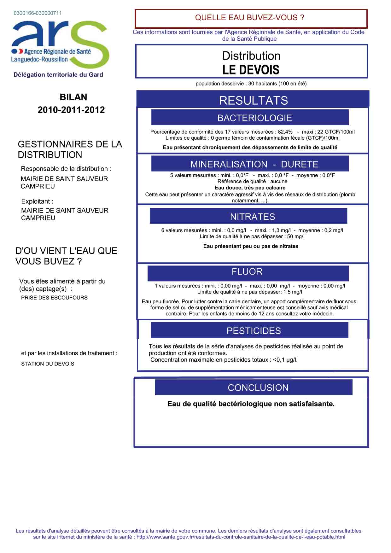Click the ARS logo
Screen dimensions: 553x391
point(60,44)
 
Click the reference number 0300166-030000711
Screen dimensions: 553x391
point(38,13)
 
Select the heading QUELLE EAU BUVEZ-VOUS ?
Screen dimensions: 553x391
point(250,18)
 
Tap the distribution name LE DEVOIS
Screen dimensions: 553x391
point(251,70)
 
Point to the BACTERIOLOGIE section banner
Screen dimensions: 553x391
point(250,118)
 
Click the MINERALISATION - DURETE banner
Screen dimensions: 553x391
point(250,164)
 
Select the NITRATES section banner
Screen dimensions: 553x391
point(248,217)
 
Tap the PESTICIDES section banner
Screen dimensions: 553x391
point(250,330)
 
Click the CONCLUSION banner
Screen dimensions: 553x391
point(254,387)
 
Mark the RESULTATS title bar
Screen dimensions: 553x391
point(253,100)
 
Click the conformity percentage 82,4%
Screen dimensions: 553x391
point(285,132)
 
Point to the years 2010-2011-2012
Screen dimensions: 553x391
point(71,110)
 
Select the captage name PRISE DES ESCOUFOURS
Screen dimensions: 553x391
point(54,298)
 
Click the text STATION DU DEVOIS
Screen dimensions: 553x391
point(48,364)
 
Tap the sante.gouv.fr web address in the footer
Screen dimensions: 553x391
point(241,537)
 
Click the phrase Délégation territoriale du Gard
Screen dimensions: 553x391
point(58,75)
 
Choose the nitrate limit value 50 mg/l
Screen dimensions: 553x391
point(296,236)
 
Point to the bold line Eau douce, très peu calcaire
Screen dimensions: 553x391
point(250,188)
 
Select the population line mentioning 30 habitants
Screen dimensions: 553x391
point(251,84)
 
